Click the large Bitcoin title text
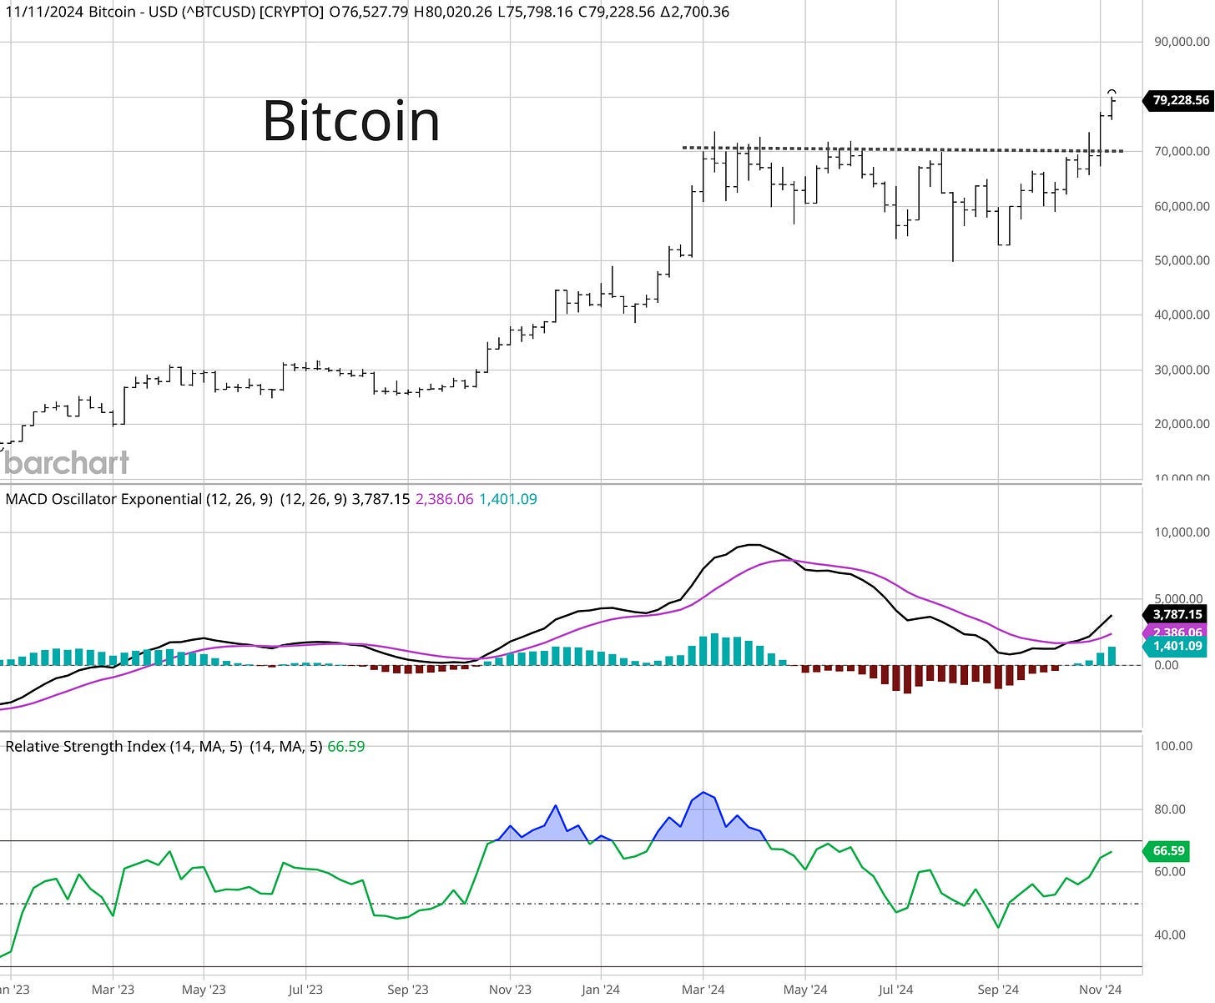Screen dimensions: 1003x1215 pos(350,121)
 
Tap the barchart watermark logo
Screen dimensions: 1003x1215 pos(67,462)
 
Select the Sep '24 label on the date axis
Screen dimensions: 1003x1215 pos(998,990)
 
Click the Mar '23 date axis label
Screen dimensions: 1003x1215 pos(113,990)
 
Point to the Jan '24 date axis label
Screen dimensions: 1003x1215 pos(600,990)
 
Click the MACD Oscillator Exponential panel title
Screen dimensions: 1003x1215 pos(104,499)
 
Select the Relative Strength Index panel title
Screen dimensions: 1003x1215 pos(88,747)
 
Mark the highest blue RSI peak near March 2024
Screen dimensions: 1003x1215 pos(704,792)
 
